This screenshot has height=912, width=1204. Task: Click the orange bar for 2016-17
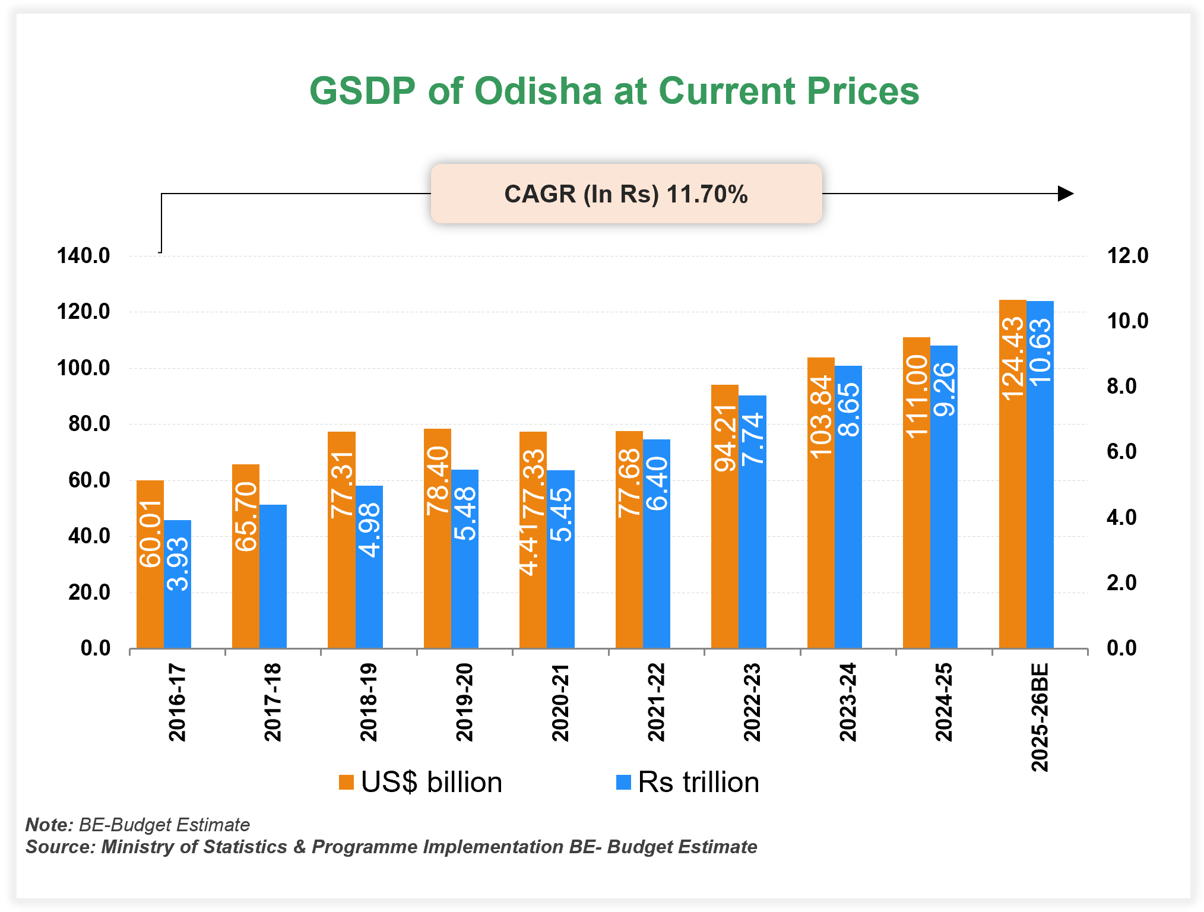(x=150, y=564)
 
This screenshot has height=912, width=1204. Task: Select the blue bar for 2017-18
(x=273, y=576)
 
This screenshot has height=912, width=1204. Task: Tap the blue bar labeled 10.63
(x=1040, y=475)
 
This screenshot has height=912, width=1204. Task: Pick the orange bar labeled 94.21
(x=724, y=517)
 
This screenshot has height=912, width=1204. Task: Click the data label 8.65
(x=849, y=410)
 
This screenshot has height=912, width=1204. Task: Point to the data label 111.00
(x=916, y=396)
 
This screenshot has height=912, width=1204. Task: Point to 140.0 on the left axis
(x=83, y=256)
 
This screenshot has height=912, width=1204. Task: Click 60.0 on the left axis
(x=89, y=480)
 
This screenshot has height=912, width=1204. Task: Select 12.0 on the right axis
(x=1127, y=256)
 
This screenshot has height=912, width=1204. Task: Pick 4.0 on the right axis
(x=1121, y=517)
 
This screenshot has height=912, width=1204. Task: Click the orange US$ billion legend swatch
(x=346, y=782)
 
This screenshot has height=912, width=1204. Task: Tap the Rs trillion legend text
(x=698, y=782)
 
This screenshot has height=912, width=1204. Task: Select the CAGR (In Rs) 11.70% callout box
(x=626, y=194)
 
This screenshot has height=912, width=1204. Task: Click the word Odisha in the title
(x=538, y=91)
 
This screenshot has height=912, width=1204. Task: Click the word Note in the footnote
(x=49, y=825)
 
